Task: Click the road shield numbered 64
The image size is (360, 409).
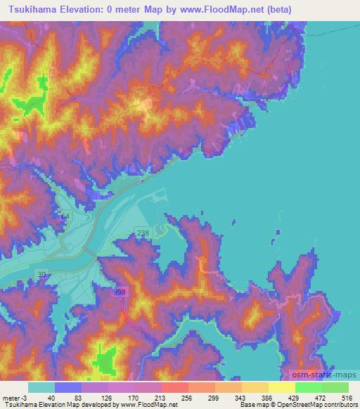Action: tap(66, 217)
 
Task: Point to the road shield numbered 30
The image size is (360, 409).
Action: tap(42, 275)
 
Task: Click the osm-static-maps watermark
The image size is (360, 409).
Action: tap(323, 379)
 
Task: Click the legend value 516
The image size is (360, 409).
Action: tap(345, 398)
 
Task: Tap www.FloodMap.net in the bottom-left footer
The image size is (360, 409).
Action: tap(141, 405)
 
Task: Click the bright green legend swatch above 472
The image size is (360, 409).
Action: tap(308, 387)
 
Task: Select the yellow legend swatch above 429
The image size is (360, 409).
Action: tap(281, 387)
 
